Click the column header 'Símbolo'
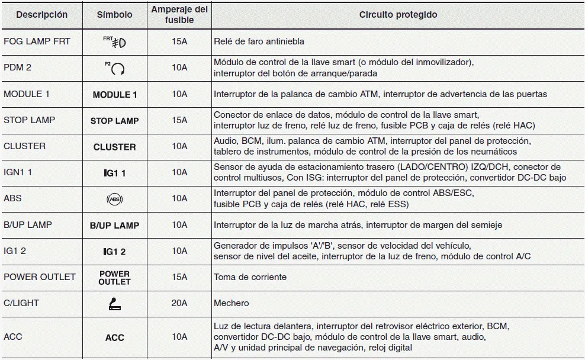[114, 15]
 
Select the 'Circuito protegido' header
[398, 15]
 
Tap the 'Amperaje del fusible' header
[179, 15]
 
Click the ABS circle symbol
[114, 200]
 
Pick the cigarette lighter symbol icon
[114, 304]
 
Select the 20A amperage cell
[179, 303]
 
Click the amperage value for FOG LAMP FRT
[179, 42]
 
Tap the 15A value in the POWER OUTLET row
[179, 277]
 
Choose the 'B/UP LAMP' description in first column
[28, 225]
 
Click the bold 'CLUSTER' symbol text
[114, 147]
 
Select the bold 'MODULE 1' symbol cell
[114, 95]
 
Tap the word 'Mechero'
[232, 303]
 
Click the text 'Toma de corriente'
[250, 277]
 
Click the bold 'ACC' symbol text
[114, 337]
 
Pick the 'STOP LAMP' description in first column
[29, 120]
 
